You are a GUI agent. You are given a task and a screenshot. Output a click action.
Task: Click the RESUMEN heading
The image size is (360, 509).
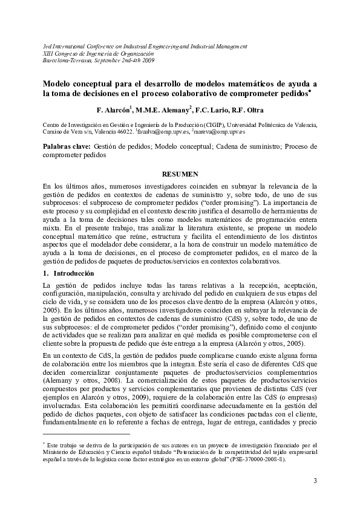179,173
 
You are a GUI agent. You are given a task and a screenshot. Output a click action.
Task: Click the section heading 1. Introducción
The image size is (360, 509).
69,274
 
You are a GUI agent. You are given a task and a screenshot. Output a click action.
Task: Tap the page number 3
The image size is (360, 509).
315,481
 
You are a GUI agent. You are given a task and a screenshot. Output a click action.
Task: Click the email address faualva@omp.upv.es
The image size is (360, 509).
163,131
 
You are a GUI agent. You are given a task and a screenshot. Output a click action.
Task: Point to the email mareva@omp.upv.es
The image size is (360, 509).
218,131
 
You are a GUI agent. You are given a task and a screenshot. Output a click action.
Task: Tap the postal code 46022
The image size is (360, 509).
124,131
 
